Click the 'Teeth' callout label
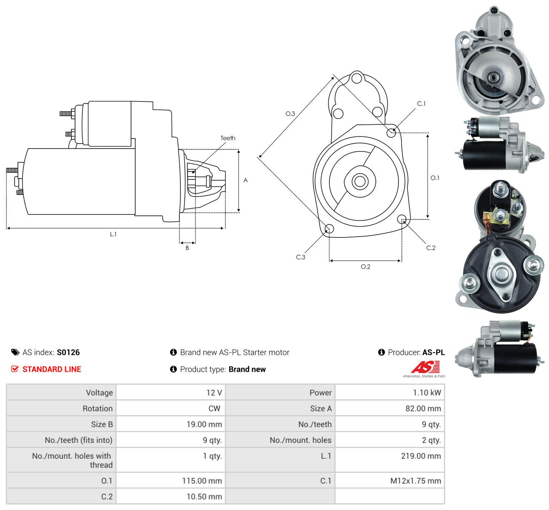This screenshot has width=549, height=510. [x=228, y=138]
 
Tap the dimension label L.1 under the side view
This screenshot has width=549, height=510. [x=113, y=234]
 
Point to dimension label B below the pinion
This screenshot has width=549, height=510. [x=187, y=248]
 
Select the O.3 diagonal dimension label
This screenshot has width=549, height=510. [x=290, y=114]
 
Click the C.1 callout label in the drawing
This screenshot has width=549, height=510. [x=421, y=104]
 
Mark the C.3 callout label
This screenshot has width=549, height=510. [x=300, y=257]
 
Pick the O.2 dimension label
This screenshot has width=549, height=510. [x=365, y=267]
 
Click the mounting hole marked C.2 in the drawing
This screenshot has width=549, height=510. [x=402, y=220]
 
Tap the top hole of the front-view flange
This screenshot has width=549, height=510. [x=357, y=78]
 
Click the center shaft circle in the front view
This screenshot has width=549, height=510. [x=360, y=182]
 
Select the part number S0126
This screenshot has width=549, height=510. [x=68, y=352]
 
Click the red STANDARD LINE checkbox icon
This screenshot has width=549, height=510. [x=15, y=369]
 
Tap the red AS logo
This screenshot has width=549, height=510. [x=425, y=367]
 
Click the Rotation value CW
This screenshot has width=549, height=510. [x=214, y=409]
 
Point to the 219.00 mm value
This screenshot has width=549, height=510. [x=421, y=456]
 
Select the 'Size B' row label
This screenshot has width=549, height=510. [x=102, y=424]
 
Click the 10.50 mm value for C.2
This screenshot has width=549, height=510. [x=204, y=497]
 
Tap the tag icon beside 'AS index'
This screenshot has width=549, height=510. [x=15, y=352]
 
